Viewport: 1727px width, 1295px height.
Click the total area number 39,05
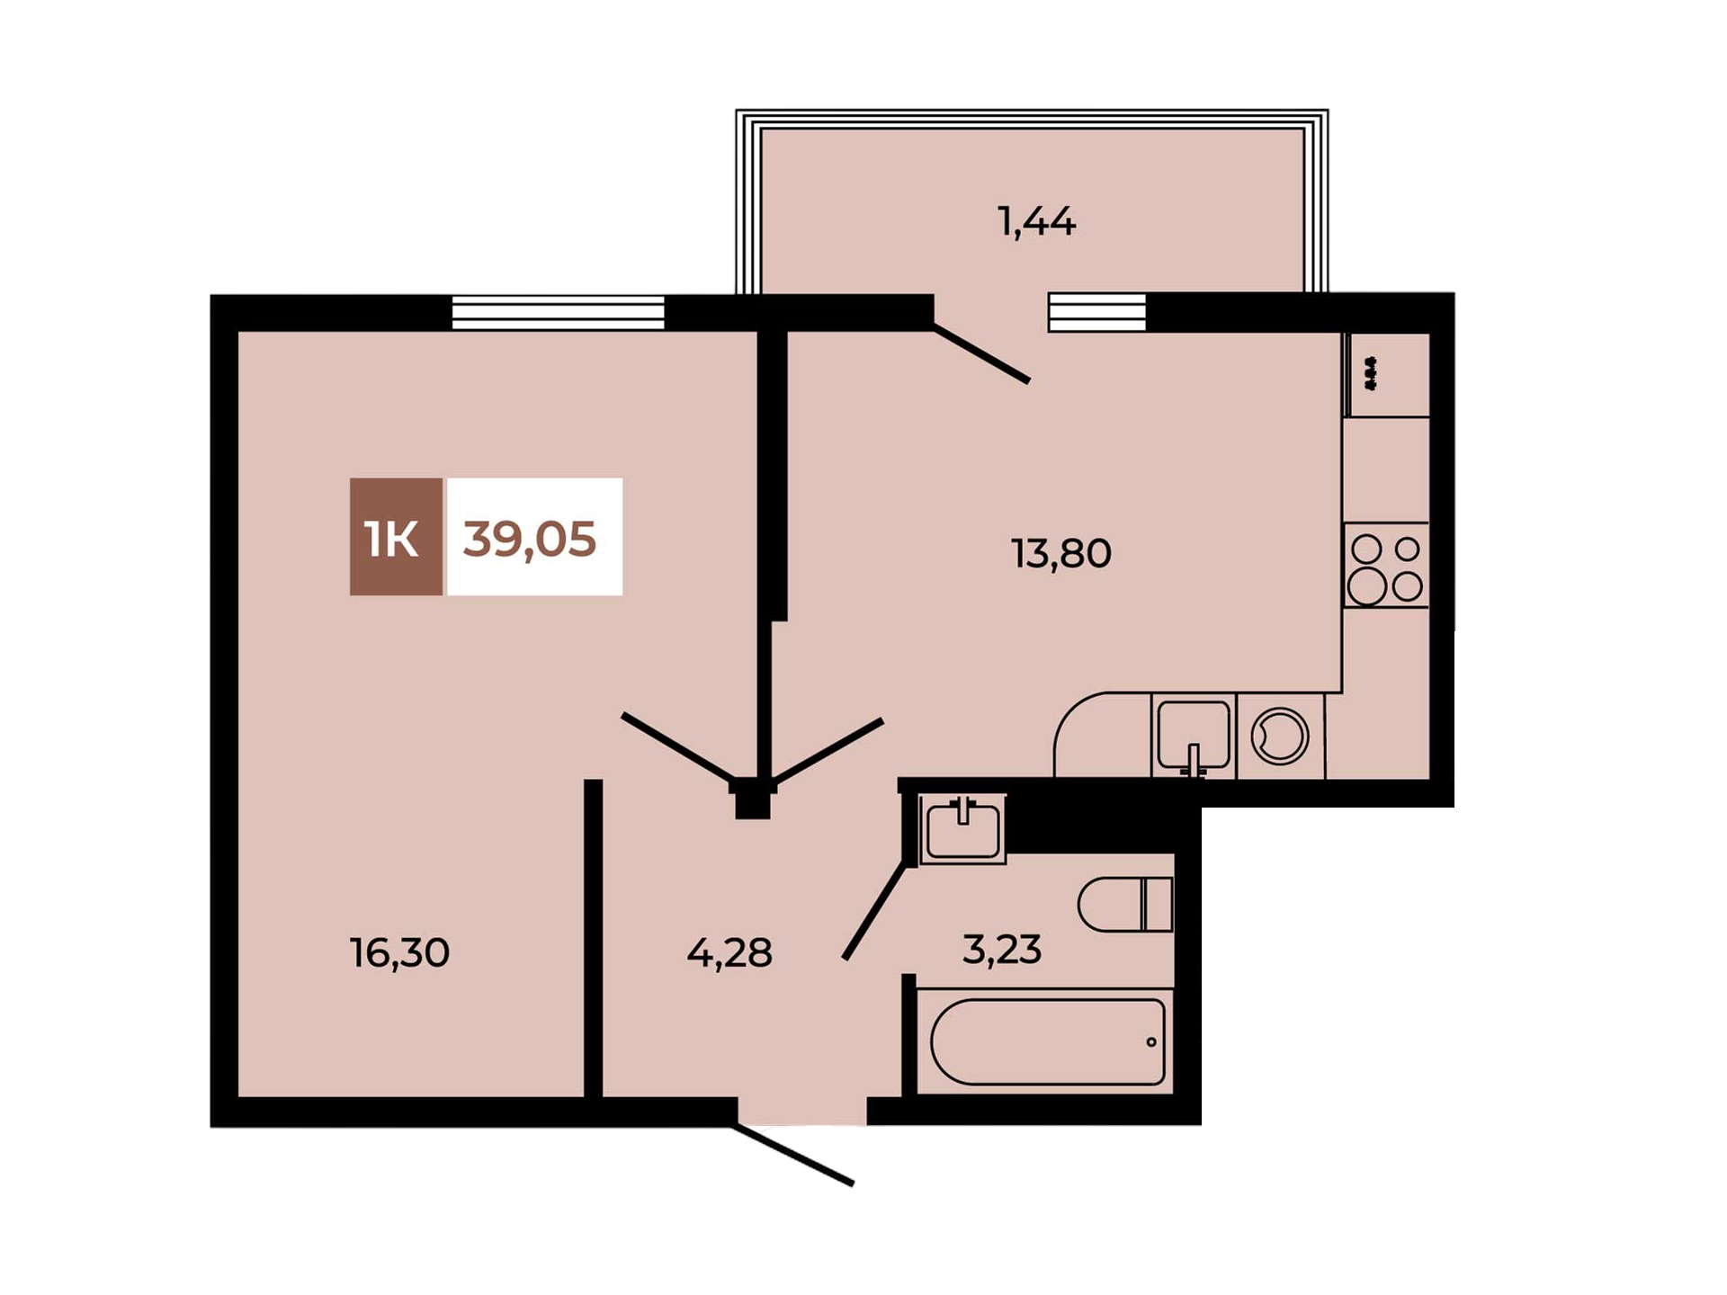coord(529,539)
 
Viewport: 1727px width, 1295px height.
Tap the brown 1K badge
coord(396,537)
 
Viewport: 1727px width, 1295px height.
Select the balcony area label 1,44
coord(1036,221)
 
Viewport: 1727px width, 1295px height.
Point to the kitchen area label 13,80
coord(1061,553)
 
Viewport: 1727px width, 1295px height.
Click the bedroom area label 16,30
coord(399,952)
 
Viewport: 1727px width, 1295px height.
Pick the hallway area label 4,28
coord(729,952)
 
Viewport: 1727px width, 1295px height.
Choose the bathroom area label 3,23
coord(1002,949)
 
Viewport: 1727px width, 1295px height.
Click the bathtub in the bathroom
coord(1048,1042)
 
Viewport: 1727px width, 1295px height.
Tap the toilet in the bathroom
coord(1125,904)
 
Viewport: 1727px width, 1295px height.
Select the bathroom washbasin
coord(962,829)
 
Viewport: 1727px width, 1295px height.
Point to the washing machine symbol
coord(1279,737)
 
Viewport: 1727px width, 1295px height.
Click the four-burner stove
coord(1386,565)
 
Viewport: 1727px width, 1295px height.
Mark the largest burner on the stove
coord(1366,587)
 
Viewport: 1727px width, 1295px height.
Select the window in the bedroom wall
coord(558,313)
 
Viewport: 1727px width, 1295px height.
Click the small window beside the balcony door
coord(1097,313)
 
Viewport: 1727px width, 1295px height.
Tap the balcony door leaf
coord(981,353)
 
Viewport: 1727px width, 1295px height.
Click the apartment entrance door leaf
coord(793,1155)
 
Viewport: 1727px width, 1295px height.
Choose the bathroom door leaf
coord(874,911)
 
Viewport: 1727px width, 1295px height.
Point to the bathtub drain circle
coord(1151,1042)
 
